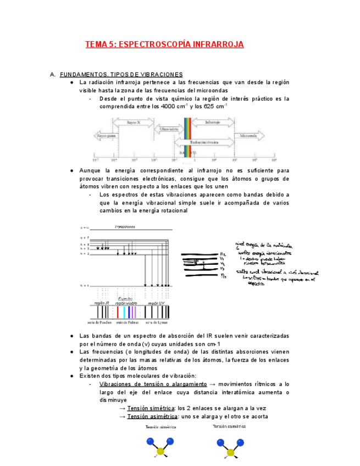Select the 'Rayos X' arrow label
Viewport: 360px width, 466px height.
pyautogui.click(x=134, y=123)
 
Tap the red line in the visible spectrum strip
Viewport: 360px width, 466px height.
pyautogui.click(x=117, y=312)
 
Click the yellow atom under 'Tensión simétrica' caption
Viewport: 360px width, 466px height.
pyautogui.click(x=160, y=452)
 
